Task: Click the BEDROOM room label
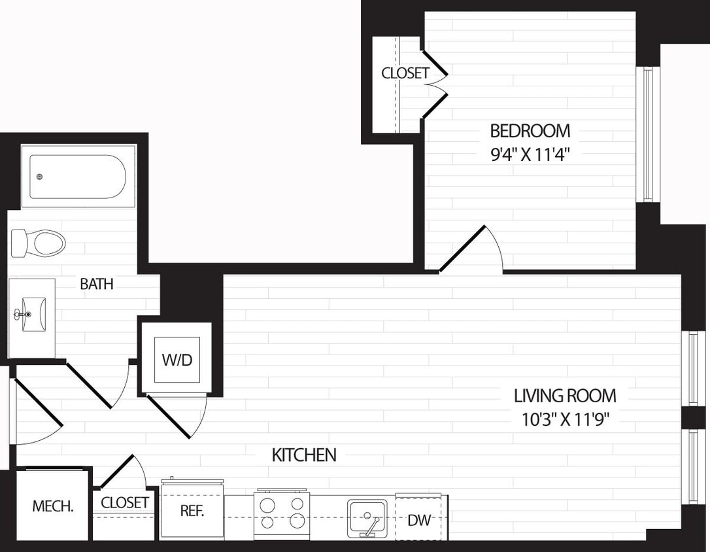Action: click(530, 131)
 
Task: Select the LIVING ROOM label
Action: click(565, 396)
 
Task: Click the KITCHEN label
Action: click(304, 455)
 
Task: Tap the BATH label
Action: click(97, 284)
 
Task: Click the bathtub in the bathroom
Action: click(78, 177)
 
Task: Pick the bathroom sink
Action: click(31, 315)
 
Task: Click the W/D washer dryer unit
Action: click(177, 360)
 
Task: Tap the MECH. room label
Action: click(53, 506)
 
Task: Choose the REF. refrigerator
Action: click(192, 511)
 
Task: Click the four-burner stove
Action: click(282, 512)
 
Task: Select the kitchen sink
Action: click(367, 517)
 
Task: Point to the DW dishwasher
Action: click(419, 520)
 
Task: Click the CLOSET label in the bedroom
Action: click(405, 73)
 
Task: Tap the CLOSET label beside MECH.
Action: click(124, 502)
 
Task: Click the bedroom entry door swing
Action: click(471, 249)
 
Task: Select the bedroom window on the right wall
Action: click(647, 134)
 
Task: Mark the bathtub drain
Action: click(40, 177)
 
